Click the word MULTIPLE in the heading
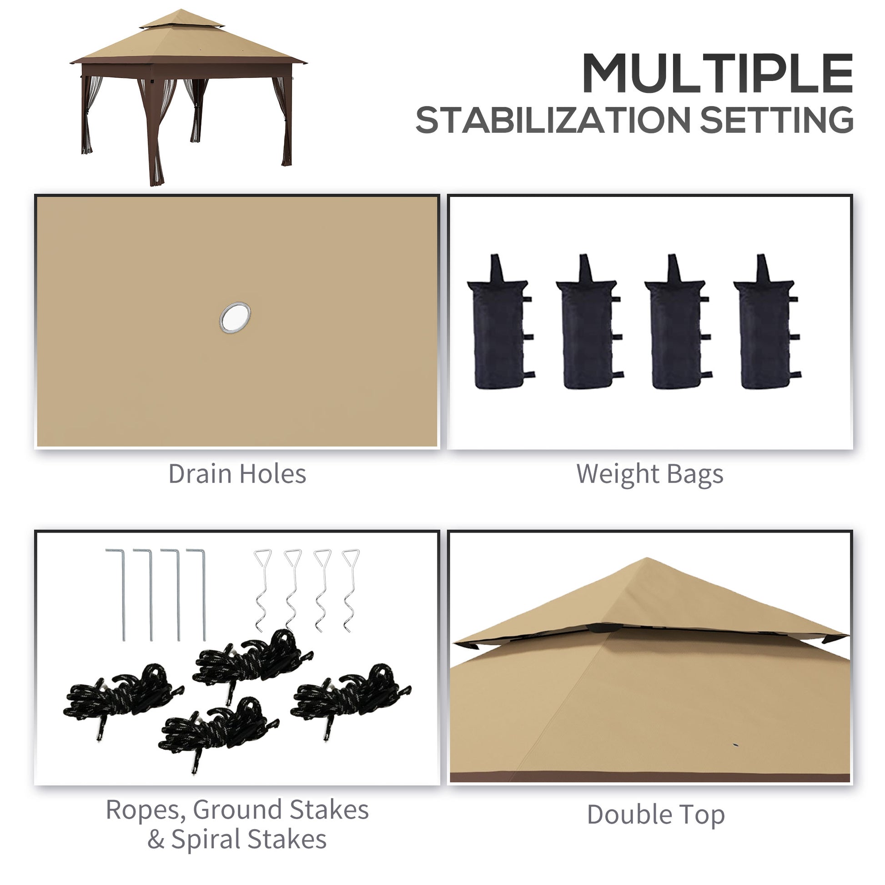[x=717, y=73]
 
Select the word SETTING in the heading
[x=776, y=120]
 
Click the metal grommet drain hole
[x=235, y=317]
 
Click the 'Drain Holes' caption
[x=237, y=473]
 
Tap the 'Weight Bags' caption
[x=649, y=473]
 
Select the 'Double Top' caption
[x=655, y=815]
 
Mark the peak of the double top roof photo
[x=646, y=560]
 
